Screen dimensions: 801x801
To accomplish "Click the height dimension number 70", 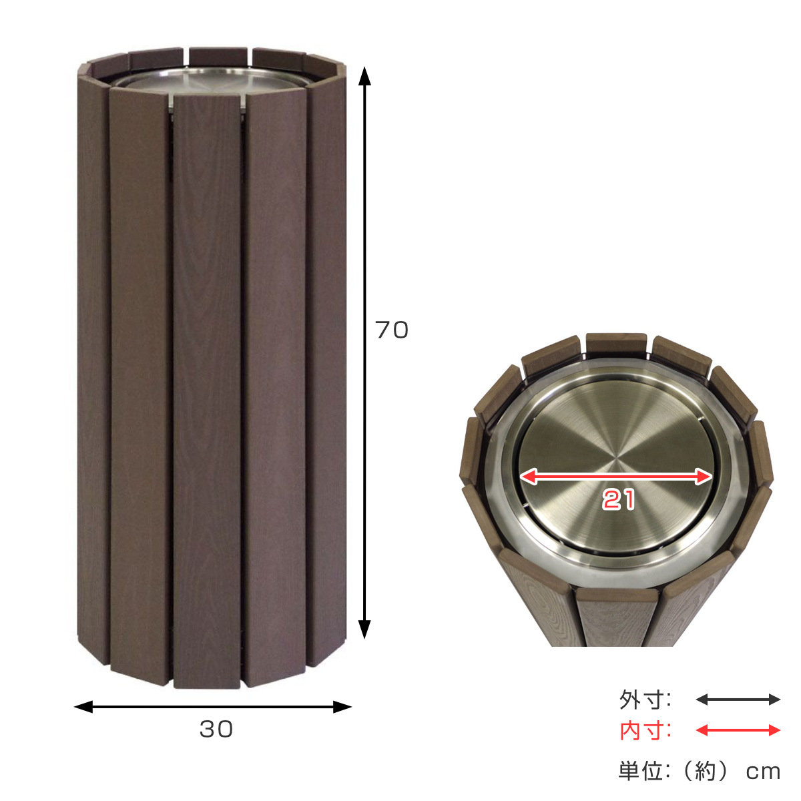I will pos(391,330).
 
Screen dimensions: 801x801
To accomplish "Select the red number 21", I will pos(619,500).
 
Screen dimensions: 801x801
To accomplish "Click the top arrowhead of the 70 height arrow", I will pos(364,75).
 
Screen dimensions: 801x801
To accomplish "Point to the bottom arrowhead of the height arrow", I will pos(364,629).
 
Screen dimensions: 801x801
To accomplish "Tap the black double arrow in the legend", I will pos(738,700).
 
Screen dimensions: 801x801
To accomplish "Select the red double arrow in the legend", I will pos(738,730).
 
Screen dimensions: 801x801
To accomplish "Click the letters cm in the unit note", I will pos(763,772).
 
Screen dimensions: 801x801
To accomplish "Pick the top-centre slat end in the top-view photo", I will pos(616,344).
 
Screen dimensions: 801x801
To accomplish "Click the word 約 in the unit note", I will pos(706,771).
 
